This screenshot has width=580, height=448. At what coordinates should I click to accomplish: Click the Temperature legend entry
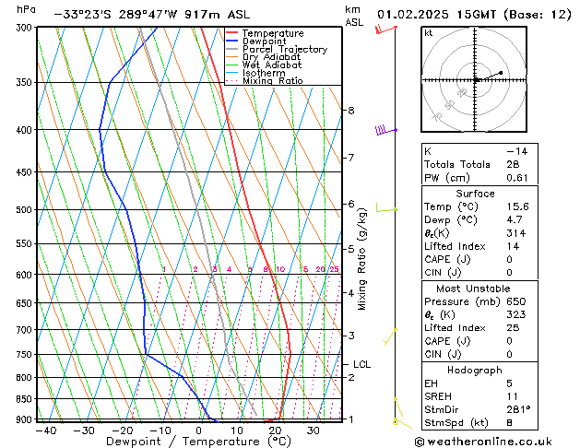tap(273, 32)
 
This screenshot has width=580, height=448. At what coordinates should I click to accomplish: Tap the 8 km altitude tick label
tap(350, 111)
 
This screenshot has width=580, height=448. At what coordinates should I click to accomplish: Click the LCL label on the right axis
tap(362, 364)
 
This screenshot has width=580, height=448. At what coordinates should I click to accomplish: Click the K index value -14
tap(515, 150)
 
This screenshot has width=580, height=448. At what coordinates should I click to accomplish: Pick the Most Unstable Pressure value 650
tap(516, 301)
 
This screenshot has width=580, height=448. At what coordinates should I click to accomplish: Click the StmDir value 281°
tap(518, 409)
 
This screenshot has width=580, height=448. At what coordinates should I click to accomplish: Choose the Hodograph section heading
tap(475, 370)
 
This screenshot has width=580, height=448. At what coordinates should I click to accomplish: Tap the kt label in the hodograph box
tap(429, 32)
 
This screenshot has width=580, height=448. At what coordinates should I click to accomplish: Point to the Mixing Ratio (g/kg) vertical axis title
tap(362, 258)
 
